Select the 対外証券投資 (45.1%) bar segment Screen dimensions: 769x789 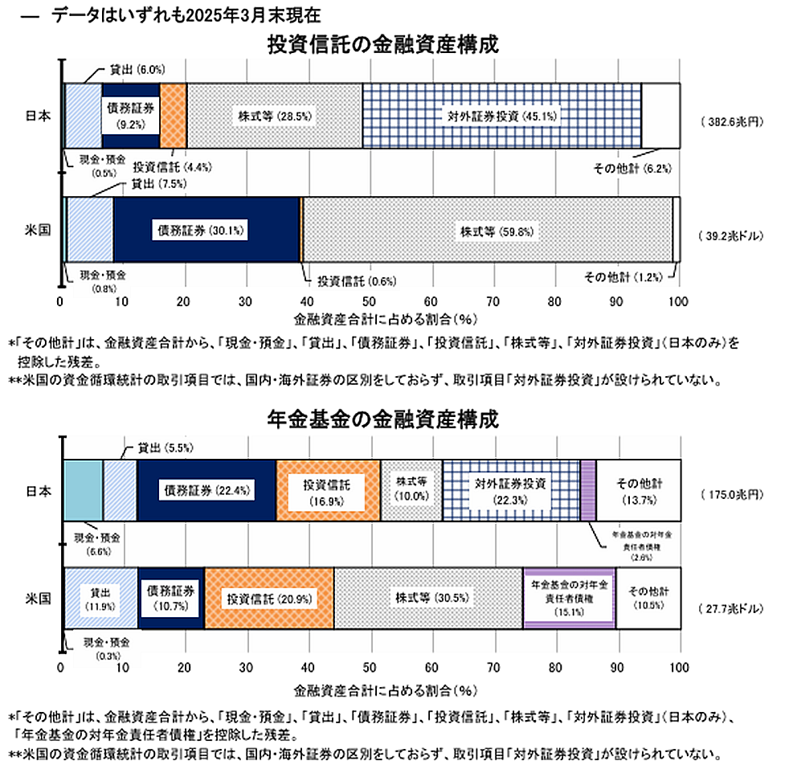501,116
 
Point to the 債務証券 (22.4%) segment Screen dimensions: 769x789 206,489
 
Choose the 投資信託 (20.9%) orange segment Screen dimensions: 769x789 269,598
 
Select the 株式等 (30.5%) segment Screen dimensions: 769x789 428,598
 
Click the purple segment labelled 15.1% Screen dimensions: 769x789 569,598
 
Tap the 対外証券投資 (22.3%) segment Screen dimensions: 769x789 511,489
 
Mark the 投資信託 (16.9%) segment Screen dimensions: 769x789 328,489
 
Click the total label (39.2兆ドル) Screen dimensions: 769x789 731,237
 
